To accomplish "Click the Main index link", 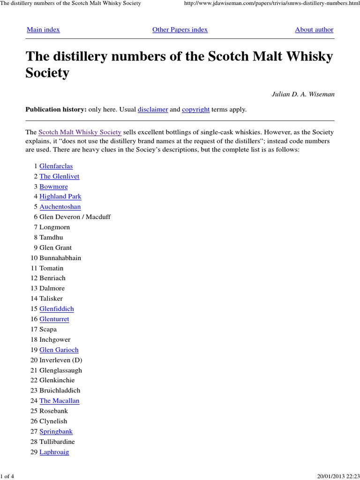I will point(43,30).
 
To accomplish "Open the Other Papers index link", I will point(180,30).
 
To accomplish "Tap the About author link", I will point(314,30).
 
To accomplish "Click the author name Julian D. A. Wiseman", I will point(303,94).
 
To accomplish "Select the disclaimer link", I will point(152,109).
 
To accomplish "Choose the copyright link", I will point(195,109).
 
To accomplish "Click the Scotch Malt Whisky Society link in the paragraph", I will point(80,132).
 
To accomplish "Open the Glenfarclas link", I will point(56,166).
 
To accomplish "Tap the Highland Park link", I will point(60,196).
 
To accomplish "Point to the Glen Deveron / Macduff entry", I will point(75,217).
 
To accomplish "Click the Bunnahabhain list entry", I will point(60,258).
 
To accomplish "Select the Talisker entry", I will point(51,299).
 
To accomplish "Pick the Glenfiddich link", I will point(56,309).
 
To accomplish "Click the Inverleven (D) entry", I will point(60,360).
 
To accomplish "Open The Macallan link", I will point(59,401).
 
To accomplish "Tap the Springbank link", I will point(56,431).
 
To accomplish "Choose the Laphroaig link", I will point(54,452).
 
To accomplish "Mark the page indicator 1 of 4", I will point(8,476).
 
